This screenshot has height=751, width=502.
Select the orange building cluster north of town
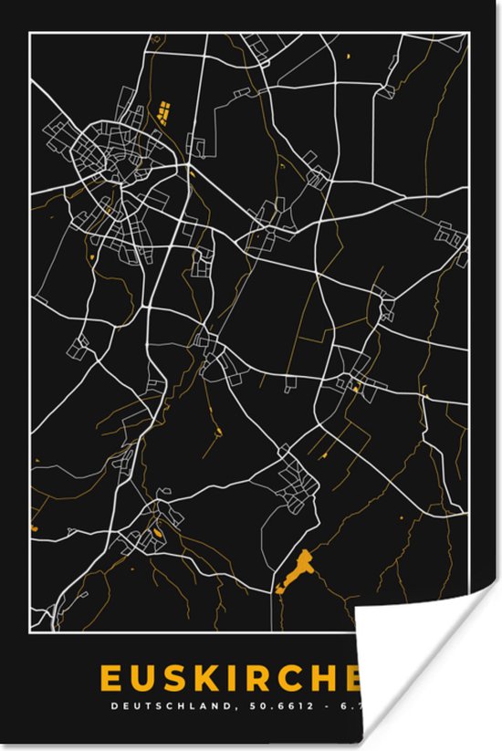pyautogui.click(x=165, y=113)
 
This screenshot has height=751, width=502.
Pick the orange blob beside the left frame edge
pyautogui.click(x=34, y=527)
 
